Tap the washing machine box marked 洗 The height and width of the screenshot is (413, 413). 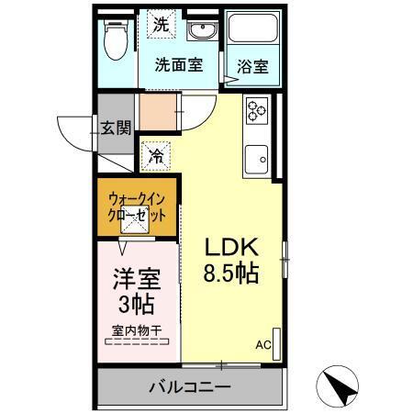coord(161,26)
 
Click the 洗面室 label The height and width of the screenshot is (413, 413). coord(178,66)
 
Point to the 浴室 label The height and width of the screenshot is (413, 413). coord(252,66)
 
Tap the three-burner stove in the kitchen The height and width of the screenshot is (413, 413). coord(256,111)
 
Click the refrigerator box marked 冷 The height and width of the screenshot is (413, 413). coord(157,156)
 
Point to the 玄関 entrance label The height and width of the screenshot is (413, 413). coord(116,127)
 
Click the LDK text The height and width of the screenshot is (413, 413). coord(234,247)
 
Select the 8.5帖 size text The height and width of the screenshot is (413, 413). coord(230,273)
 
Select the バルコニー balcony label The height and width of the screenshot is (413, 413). coord(190,386)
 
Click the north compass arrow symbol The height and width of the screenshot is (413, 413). coord(340,386)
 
